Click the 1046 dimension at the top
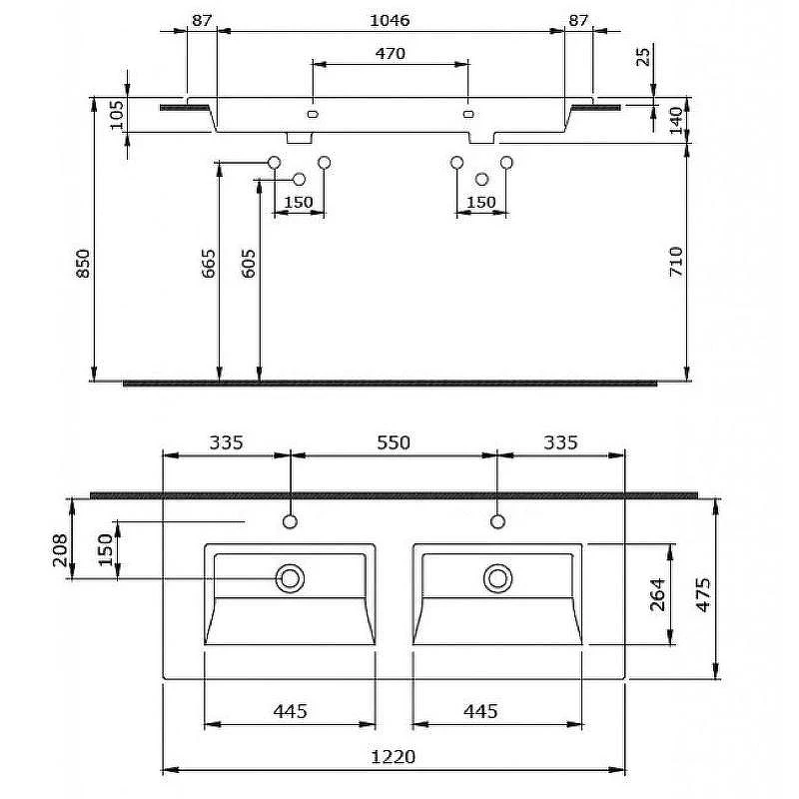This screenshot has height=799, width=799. click(x=390, y=20)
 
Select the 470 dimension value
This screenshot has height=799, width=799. click(x=391, y=54)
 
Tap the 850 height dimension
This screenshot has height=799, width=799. click(x=83, y=264)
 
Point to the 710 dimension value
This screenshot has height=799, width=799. click(x=676, y=262)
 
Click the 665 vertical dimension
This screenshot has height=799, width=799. click(x=209, y=264)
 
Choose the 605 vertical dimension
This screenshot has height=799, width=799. click(x=248, y=264)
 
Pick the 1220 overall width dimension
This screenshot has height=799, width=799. click(x=393, y=757)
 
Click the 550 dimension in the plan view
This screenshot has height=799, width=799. click(x=394, y=442)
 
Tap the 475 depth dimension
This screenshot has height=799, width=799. click(x=703, y=594)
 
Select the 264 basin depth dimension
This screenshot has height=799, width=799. click(x=658, y=594)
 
